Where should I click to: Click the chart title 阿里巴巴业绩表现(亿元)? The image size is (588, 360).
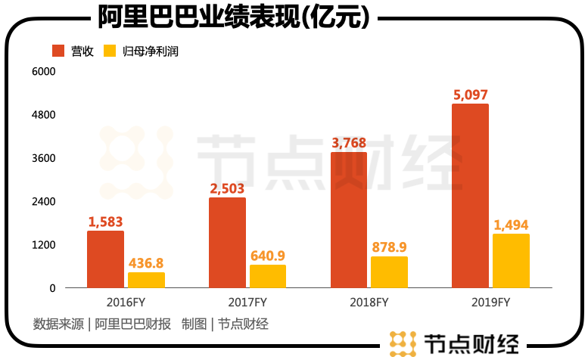[234, 16]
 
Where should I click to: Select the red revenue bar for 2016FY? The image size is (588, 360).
[105, 259]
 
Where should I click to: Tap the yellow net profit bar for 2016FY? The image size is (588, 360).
[146, 280]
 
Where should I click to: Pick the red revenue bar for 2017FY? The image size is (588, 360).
[227, 243]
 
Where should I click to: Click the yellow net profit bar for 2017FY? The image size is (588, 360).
[268, 276]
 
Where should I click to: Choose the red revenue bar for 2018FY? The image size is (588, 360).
[349, 220]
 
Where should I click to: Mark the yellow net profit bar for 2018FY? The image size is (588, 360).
[389, 272]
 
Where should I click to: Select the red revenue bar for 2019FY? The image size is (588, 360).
[470, 196]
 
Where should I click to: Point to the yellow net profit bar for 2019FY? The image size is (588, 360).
[511, 261]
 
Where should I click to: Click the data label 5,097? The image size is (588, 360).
[470, 95]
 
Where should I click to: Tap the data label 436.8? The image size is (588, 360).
[146, 263]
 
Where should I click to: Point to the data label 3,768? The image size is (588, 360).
[349, 143]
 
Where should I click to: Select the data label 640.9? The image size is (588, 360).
[268, 256]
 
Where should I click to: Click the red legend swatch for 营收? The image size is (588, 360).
[58, 51]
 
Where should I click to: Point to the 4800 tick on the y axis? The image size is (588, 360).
[43, 115]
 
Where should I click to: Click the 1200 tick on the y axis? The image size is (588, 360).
[43, 245]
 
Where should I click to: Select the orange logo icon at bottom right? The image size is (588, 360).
[403, 343]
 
